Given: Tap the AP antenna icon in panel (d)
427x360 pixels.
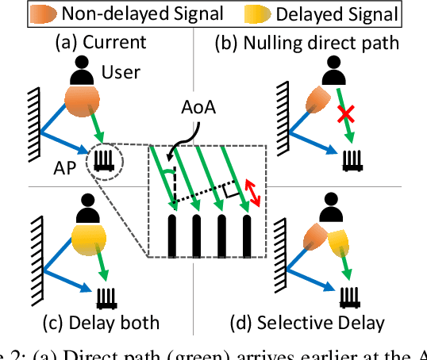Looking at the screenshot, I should click(x=351, y=297).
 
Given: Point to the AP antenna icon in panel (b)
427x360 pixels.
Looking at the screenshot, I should click(x=351, y=163).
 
